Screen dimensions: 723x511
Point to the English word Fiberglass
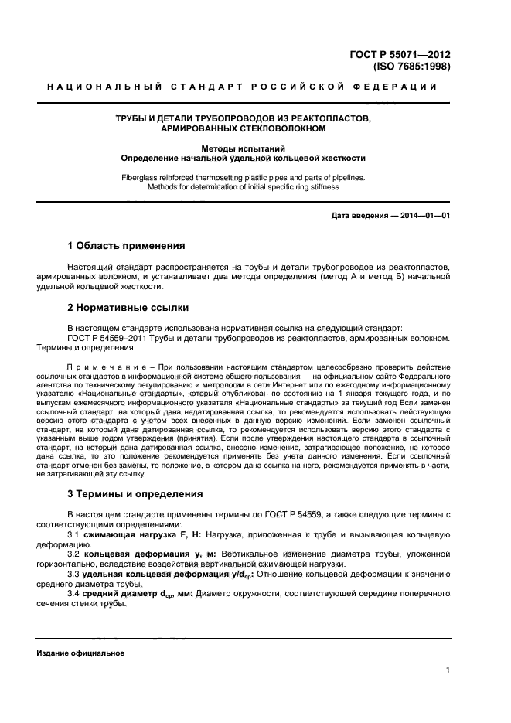pyautogui.click(x=143, y=177)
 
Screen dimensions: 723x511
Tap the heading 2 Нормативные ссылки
pyautogui.click(x=128, y=307)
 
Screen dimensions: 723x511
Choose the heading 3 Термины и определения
pyautogui.click(x=135, y=493)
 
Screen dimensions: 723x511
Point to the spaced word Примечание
pyautogui.click(x=100, y=365)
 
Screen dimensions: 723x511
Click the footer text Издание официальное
pyautogui.click(x=80, y=653)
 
